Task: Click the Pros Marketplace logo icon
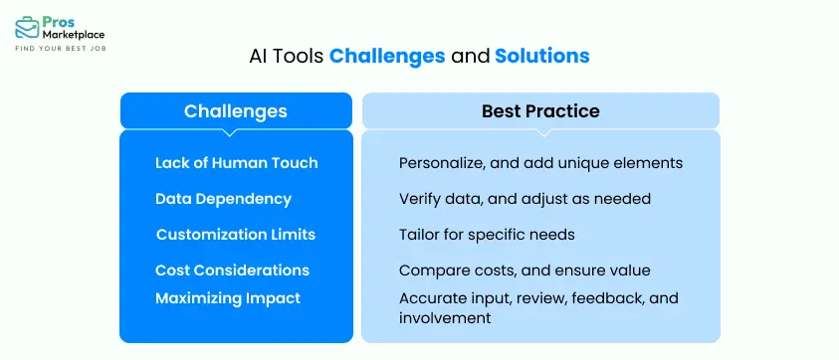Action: pyautogui.click(x=27, y=26)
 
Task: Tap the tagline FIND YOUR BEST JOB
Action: pyautogui.click(x=59, y=49)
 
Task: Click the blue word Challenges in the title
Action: pyautogui.click(x=387, y=57)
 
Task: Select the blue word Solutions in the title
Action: pyautogui.click(x=541, y=57)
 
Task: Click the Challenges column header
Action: pyautogui.click(x=236, y=110)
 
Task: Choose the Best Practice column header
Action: pyautogui.click(x=540, y=110)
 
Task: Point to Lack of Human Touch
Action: pyautogui.click(x=236, y=163)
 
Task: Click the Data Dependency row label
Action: pyautogui.click(x=223, y=199)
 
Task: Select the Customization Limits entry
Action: pyautogui.click(x=235, y=235)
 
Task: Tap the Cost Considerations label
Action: pyautogui.click(x=232, y=270)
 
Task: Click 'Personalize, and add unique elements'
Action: pyautogui.click(x=540, y=163)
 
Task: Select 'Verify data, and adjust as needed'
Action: pyautogui.click(x=524, y=199)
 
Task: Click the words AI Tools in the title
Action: pyautogui.click(x=286, y=57)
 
